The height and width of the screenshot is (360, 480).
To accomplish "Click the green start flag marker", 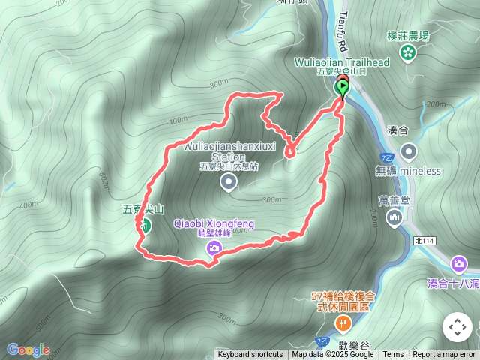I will point(343,88).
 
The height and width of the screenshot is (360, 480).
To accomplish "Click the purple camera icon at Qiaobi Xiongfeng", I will point(214,248).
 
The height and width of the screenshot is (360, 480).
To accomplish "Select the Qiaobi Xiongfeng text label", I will point(214,223).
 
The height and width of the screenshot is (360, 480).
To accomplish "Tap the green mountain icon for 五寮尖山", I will point(145,226).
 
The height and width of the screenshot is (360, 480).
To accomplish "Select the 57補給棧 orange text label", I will point(342,301).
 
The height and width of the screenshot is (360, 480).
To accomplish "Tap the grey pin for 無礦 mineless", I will point(409,152).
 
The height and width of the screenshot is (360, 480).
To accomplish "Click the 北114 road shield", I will point(424,240).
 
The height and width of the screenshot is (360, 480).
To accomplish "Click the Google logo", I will point(28,349).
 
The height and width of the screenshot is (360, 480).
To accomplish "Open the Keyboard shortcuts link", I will point(250,355).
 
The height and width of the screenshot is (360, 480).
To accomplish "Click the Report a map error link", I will point(444,355).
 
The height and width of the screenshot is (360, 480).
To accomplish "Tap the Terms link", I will point(393,355).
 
